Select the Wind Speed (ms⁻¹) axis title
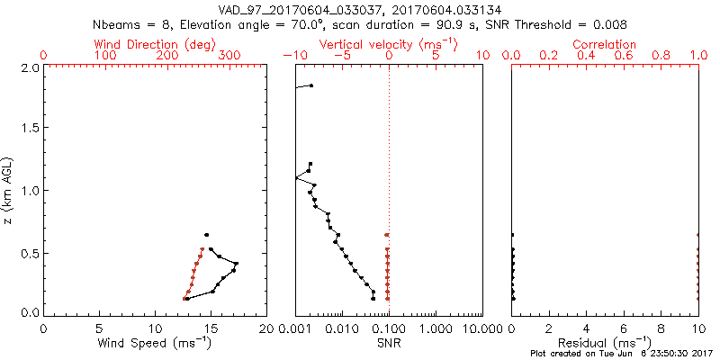[156, 343]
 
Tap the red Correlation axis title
[605, 44]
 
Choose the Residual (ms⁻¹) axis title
[605, 343]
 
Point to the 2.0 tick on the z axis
[29, 67]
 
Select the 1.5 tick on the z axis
[29, 129]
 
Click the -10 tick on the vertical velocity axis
[289, 56]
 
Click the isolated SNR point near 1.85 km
[311, 85]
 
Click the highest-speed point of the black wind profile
[236, 263]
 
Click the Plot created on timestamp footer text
[621, 355]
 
